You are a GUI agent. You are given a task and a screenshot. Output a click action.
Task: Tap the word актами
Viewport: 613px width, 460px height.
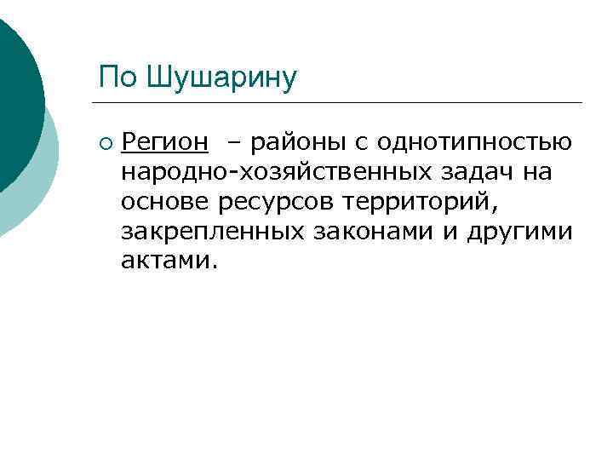tap(169, 262)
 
